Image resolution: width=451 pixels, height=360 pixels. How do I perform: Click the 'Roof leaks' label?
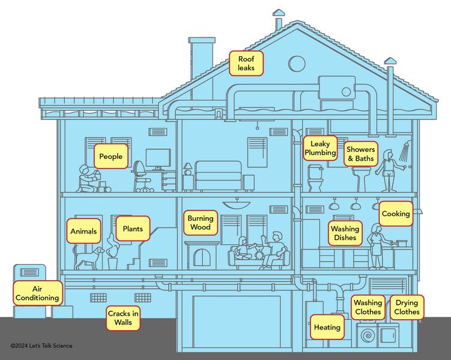click(x=246, y=64)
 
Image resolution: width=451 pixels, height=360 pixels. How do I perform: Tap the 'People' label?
click(x=110, y=157)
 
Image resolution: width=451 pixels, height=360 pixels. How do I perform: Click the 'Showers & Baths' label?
click(x=360, y=154)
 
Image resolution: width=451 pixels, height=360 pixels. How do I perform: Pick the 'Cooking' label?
click(x=396, y=214)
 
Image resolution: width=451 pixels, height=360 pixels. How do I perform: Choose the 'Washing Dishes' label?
click(x=345, y=233)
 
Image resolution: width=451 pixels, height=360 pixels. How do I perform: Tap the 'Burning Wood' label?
click(x=200, y=224)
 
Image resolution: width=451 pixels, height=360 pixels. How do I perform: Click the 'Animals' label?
click(x=83, y=231)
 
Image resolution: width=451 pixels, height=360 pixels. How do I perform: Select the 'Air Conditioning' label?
click(x=37, y=293)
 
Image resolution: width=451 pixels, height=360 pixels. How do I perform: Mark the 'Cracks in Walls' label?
click(x=123, y=317)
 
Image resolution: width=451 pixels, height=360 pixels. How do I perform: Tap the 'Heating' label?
click(x=327, y=327)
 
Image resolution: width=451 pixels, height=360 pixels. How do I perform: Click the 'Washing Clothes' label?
click(x=368, y=308)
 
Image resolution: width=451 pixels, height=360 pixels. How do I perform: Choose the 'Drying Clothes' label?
click(x=407, y=308)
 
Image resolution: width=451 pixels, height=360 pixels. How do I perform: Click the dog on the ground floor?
click(x=87, y=257)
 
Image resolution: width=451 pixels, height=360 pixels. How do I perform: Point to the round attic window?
click(x=297, y=62)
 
